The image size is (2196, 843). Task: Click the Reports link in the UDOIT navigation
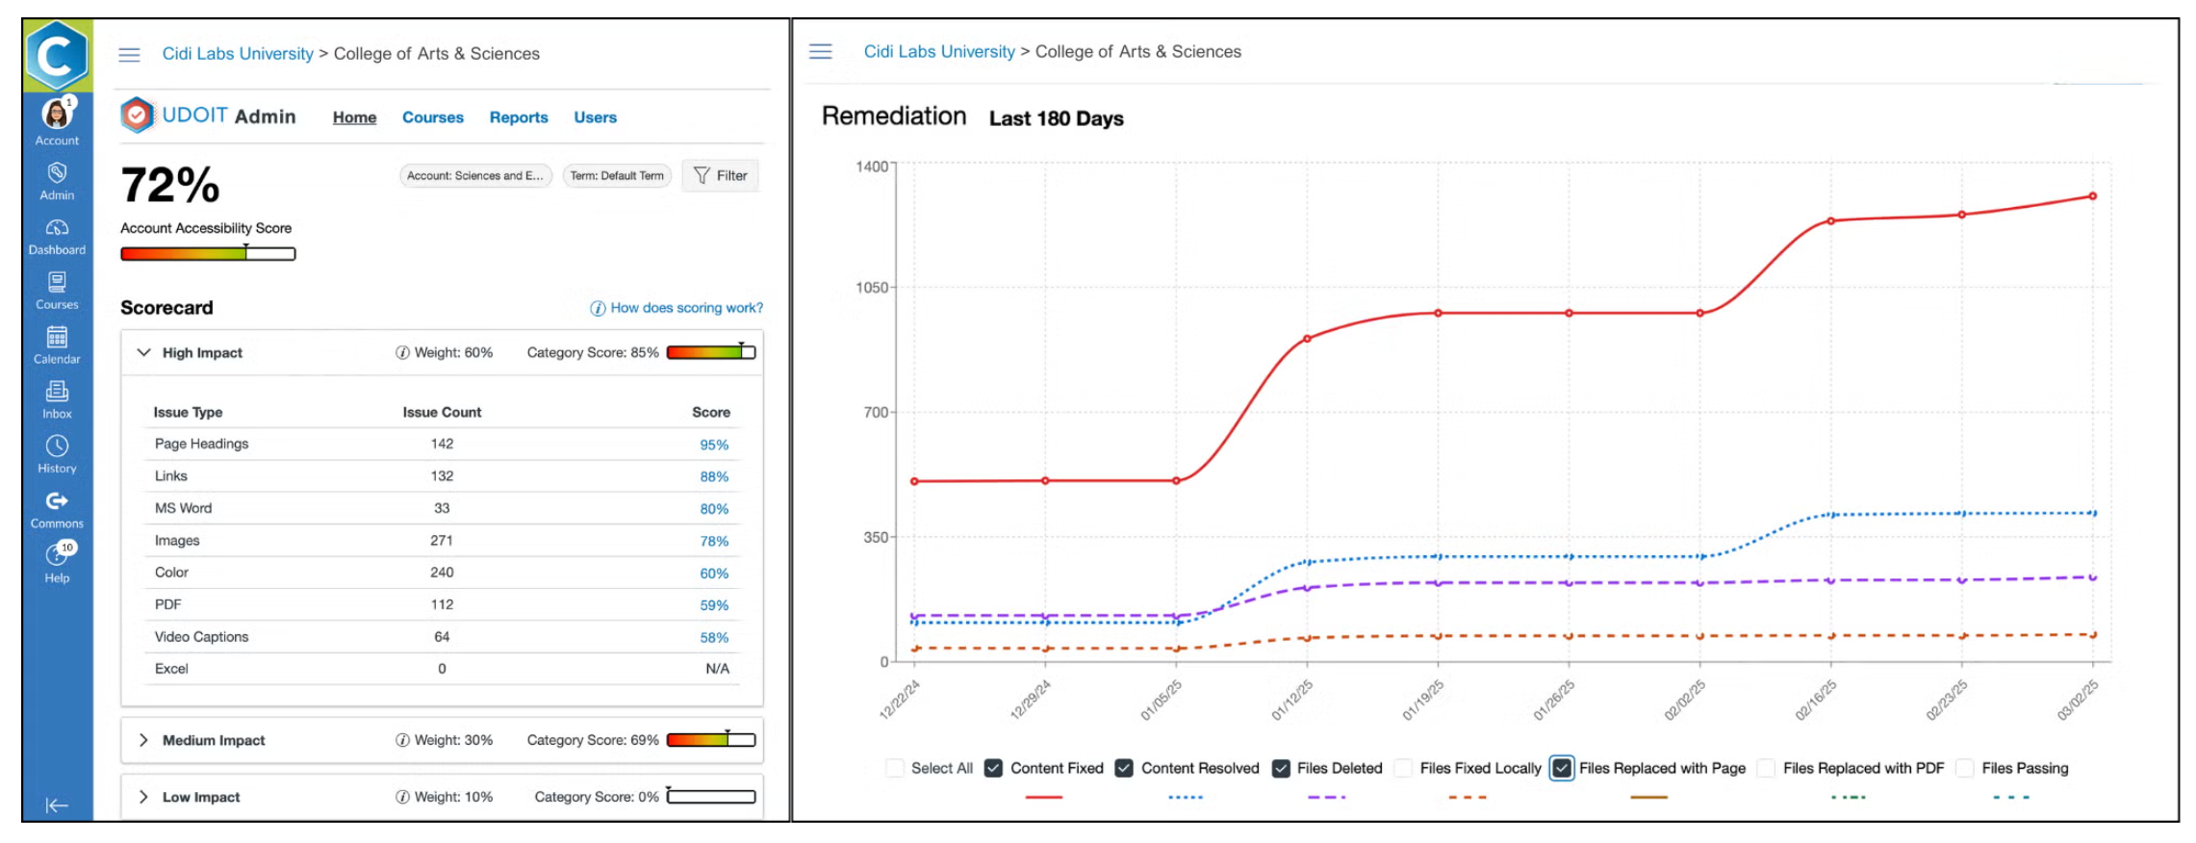518,117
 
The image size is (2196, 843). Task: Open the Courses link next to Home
432,117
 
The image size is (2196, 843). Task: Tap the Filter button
721,175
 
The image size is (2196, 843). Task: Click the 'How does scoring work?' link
677,308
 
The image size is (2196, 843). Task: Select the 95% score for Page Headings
713,445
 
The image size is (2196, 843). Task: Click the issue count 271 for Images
442,541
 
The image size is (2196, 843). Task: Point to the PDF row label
168,604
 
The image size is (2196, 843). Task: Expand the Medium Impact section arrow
143,740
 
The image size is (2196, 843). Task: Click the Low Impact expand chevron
143,797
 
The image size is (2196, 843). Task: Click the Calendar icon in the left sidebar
57,338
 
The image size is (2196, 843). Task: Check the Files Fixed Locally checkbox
1404,768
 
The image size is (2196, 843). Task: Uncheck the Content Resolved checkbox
1124,768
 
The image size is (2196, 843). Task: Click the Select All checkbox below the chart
895,768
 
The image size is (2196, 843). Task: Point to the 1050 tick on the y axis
872,288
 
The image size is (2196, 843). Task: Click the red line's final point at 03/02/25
2092,196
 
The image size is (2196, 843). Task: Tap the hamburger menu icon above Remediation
820,51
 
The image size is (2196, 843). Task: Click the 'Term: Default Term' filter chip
617,176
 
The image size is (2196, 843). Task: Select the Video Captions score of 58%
713,637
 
